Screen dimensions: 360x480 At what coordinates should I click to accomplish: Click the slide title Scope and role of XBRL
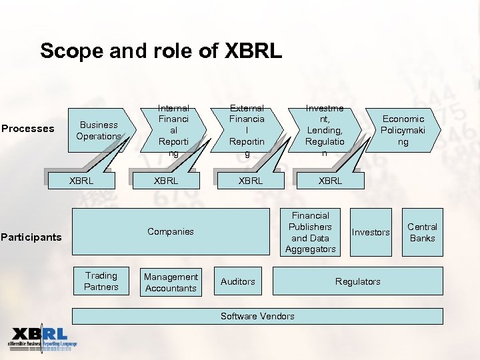[x=161, y=51]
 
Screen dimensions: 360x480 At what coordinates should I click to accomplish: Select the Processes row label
[x=28, y=129]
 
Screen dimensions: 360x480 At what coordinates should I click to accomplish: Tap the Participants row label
[x=31, y=237]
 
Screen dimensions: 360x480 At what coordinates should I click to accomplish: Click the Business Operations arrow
[x=99, y=131]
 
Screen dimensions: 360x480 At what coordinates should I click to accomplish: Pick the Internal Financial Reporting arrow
[x=173, y=131]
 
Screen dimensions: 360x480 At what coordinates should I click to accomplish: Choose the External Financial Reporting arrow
[x=247, y=131]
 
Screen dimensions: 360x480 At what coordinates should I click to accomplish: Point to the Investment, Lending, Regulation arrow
[x=325, y=131]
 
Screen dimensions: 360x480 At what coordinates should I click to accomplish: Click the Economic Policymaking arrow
[x=403, y=131]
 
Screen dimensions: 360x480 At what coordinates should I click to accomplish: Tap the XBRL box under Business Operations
[x=81, y=181]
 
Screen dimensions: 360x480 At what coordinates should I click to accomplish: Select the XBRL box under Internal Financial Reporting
[x=166, y=181]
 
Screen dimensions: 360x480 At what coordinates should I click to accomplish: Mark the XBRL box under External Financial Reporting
[x=251, y=181]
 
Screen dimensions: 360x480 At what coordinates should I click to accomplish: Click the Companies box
[x=171, y=232]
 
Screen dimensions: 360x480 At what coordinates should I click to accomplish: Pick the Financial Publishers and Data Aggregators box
[x=310, y=233]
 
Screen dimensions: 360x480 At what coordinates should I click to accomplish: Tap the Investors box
[x=371, y=233]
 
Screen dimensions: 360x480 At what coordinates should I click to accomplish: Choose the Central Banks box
[x=422, y=233]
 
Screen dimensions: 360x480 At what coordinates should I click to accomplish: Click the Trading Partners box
[x=101, y=281]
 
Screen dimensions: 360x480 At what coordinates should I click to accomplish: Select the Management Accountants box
[x=171, y=283]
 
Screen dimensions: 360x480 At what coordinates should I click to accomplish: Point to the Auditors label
[x=238, y=282]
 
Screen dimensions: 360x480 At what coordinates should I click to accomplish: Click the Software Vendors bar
[x=257, y=316]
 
